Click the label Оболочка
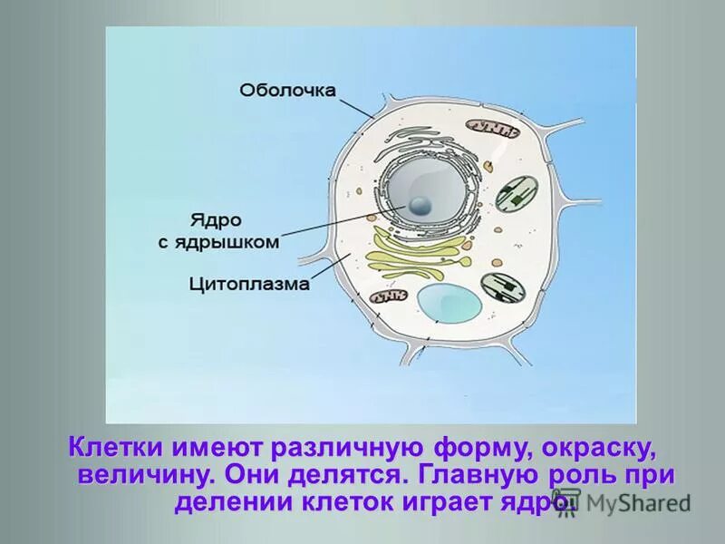coord(287,90)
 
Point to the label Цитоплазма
coord(249,284)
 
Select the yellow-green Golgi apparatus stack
coord(418,255)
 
